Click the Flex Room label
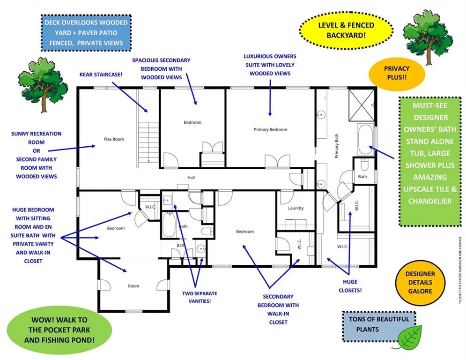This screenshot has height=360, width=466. tap(114, 139)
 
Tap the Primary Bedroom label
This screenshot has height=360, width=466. tap(270, 129)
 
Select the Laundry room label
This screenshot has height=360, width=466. tap(296, 208)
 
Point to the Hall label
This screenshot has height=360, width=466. tap(191, 178)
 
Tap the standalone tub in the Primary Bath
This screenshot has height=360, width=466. tap(365, 139)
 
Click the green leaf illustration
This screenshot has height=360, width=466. tap(409, 337)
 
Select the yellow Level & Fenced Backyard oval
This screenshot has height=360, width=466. tap(346, 30)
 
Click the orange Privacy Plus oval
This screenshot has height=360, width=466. tap(397, 73)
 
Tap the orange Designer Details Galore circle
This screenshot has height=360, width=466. tap(420, 283)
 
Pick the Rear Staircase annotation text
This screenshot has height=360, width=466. tap(101, 75)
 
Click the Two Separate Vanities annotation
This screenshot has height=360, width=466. tap(200, 297)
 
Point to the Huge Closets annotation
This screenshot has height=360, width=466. tap(350, 286)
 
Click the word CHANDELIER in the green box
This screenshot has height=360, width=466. tap(430, 201)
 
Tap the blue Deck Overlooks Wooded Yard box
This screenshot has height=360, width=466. tap(86, 33)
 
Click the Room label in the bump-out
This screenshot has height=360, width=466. tap(133, 286)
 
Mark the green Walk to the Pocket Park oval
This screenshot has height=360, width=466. tap(59, 330)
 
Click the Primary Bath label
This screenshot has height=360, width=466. tap(336, 146)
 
